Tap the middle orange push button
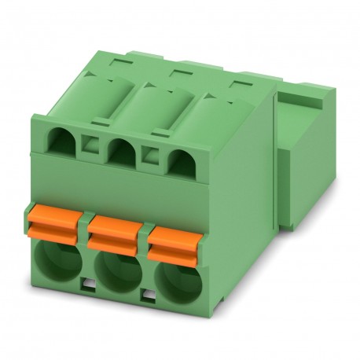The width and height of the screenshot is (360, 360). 114,230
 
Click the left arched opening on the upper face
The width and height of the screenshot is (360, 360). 62,141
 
